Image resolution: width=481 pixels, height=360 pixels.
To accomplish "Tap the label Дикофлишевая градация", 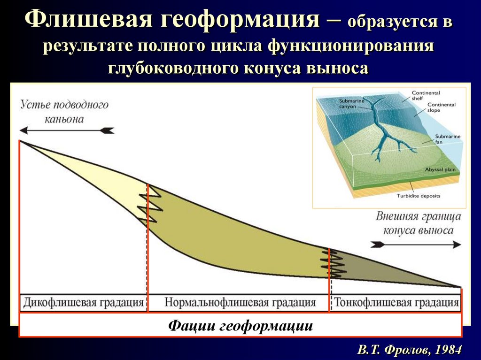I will point(83,302).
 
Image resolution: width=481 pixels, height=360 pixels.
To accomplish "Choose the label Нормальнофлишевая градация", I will point(240,302).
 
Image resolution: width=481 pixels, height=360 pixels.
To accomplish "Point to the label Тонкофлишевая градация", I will point(396,302).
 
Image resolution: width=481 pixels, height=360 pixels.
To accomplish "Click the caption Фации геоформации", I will point(240,325).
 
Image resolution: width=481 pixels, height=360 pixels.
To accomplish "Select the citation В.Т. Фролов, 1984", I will point(409,350).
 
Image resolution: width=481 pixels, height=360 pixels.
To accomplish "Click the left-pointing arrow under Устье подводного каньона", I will point(66,130).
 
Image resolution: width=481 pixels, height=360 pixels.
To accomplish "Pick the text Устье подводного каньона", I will point(64,111).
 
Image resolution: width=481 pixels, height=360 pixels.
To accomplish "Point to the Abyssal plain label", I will point(440,169).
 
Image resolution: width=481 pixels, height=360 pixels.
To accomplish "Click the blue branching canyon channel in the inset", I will point(383,131).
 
